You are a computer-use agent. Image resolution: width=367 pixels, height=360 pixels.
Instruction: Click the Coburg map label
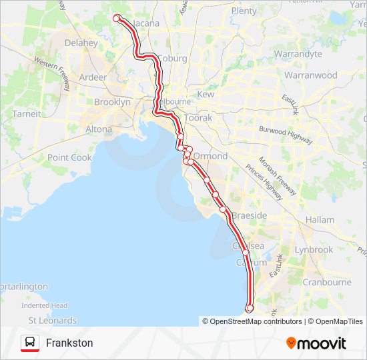click(173, 58)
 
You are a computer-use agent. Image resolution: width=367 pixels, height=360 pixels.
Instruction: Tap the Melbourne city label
click(174, 101)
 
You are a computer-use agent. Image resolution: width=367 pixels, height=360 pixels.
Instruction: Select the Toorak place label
click(198, 117)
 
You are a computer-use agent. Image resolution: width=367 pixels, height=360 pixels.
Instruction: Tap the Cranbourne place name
click(327, 282)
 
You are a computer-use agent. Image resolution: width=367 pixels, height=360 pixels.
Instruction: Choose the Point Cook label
click(69, 157)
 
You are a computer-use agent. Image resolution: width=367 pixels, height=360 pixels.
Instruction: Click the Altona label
click(99, 129)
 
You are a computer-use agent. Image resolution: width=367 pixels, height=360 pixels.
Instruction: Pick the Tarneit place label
click(27, 114)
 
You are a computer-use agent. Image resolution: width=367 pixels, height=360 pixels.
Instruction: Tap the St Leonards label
click(53, 321)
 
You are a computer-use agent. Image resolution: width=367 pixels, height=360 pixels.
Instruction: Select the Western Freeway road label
click(53, 67)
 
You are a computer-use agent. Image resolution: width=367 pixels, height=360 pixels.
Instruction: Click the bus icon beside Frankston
click(30, 343)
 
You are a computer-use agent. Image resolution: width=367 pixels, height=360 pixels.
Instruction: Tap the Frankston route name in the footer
click(69, 343)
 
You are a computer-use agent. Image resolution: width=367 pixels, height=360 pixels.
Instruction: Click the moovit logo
click(316, 343)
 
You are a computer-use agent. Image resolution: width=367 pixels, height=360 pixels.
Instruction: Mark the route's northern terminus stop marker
click(117, 18)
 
